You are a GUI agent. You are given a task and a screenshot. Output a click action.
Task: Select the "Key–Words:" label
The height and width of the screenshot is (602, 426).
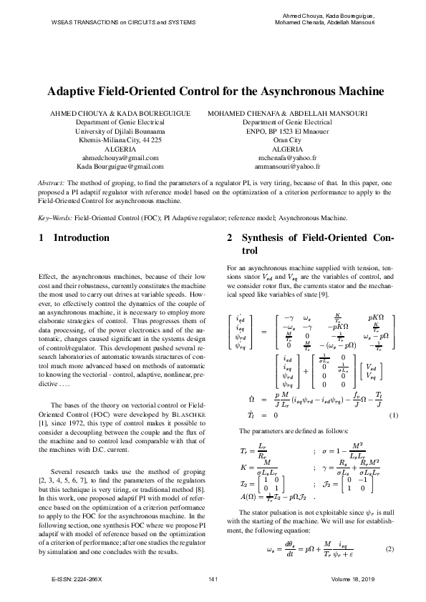click(55, 217)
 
